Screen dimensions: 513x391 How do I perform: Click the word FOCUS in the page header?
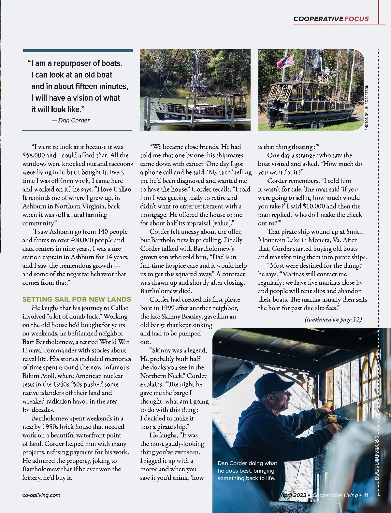pos(356,19)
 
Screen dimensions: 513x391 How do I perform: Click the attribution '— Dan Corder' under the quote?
pos(71,120)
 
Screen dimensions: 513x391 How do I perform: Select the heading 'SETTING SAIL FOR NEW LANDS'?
pos(77,299)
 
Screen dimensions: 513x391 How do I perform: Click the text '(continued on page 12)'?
pos(333,319)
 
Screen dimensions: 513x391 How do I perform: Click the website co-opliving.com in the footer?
pos(41,495)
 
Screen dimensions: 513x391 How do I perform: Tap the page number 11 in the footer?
pos(366,495)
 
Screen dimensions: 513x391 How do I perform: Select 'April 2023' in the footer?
pos(293,495)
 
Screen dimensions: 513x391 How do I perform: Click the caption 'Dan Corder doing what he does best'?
pos(247,470)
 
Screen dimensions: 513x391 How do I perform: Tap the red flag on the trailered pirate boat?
pos(285,61)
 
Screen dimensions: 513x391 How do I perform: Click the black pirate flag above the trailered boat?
pos(317,62)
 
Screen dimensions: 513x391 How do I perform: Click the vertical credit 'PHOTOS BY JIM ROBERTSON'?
pos(367,107)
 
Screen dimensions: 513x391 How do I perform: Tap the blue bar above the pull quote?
pos(78,50)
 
